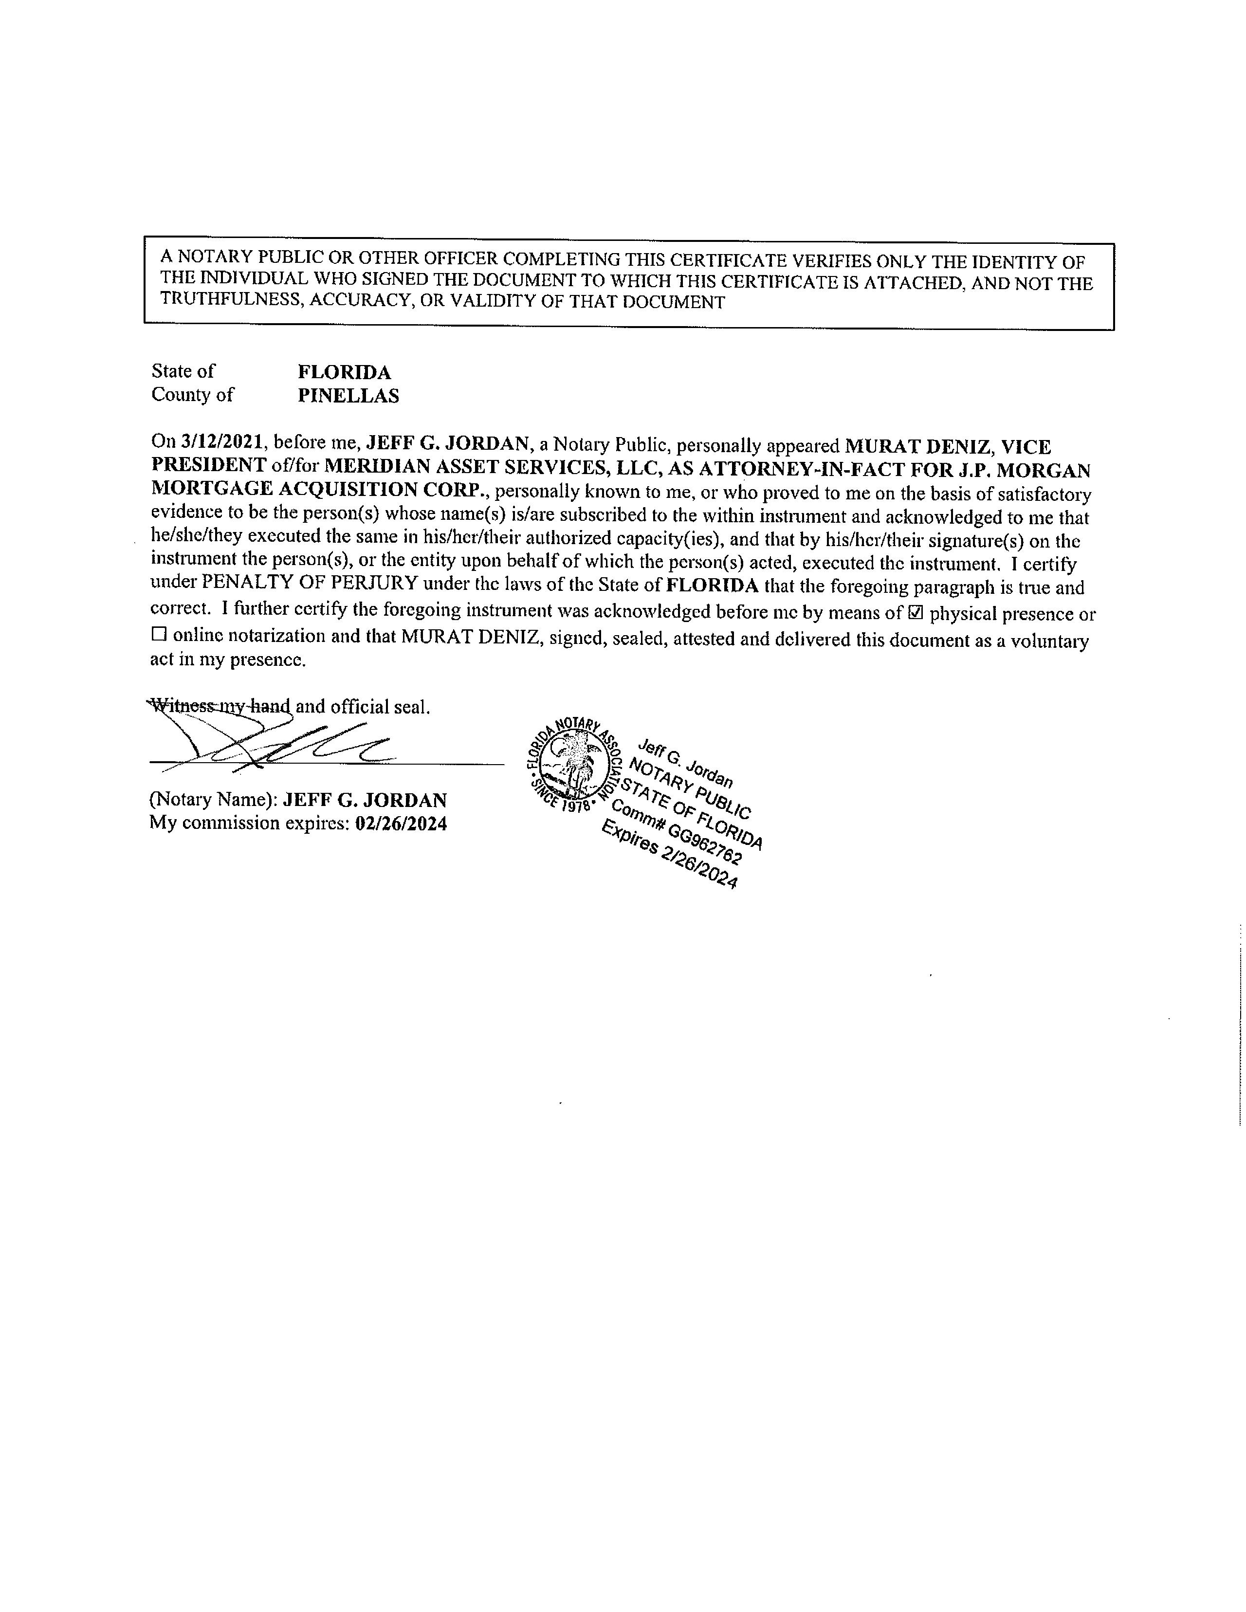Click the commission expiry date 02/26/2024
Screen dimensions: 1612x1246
(x=401, y=824)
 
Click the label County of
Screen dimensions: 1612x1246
(x=192, y=395)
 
